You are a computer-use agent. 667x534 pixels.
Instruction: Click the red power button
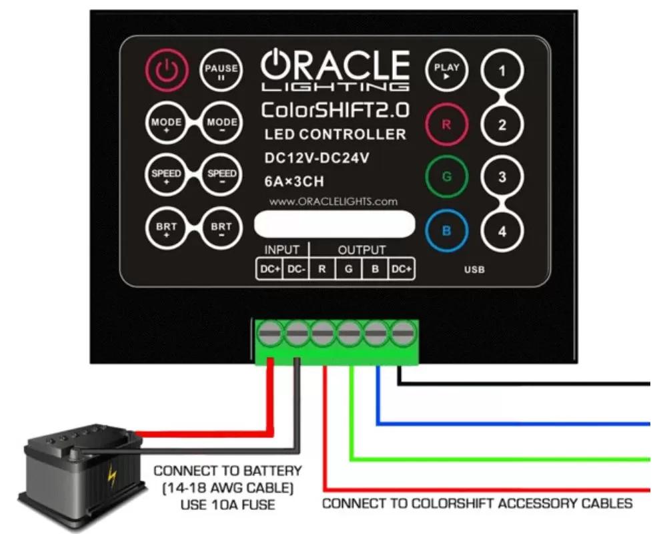click(x=167, y=70)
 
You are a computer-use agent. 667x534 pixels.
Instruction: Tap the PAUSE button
click(x=221, y=70)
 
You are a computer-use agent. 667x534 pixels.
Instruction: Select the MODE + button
click(x=167, y=123)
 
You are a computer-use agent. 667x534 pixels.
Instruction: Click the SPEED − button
click(x=221, y=175)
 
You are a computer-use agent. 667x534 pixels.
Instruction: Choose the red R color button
click(x=447, y=124)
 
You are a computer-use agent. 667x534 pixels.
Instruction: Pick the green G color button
click(x=447, y=176)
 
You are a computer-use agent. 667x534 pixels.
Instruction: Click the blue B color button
click(x=447, y=231)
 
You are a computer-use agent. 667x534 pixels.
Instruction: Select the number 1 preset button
click(x=502, y=71)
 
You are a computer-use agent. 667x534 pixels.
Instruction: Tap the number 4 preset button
click(x=502, y=231)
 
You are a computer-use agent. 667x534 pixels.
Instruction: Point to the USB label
click(x=474, y=270)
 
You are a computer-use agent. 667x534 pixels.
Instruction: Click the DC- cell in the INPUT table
click(x=296, y=269)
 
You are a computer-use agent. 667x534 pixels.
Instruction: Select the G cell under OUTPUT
click(x=349, y=269)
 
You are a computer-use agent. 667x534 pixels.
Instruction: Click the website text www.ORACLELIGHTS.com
click(x=333, y=202)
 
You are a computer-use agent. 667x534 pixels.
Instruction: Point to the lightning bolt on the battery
click(x=111, y=477)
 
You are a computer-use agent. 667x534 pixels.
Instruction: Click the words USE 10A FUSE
click(x=227, y=505)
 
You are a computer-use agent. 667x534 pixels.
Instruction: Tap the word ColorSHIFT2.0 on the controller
click(x=336, y=110)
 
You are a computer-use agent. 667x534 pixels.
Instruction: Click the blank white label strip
click(x=334, y=224)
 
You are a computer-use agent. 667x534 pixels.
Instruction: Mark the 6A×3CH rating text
click(x=294, y=182)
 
